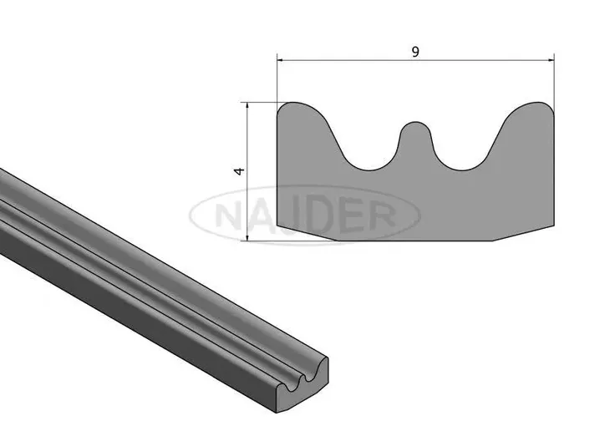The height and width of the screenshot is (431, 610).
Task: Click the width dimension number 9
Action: click(415, 52)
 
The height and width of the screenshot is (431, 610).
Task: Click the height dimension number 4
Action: click(240, 170)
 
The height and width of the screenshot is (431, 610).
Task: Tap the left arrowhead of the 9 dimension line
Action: click(280, 60)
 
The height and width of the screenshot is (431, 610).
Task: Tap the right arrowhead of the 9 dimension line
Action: click(551, 60)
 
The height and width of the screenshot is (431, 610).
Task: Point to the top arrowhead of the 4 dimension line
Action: click(247, 106)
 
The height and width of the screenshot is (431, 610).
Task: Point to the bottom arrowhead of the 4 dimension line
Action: click(247, 237)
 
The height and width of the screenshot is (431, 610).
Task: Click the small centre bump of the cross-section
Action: click(415, 132)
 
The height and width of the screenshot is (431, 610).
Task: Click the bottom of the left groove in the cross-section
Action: click(368, 170)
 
